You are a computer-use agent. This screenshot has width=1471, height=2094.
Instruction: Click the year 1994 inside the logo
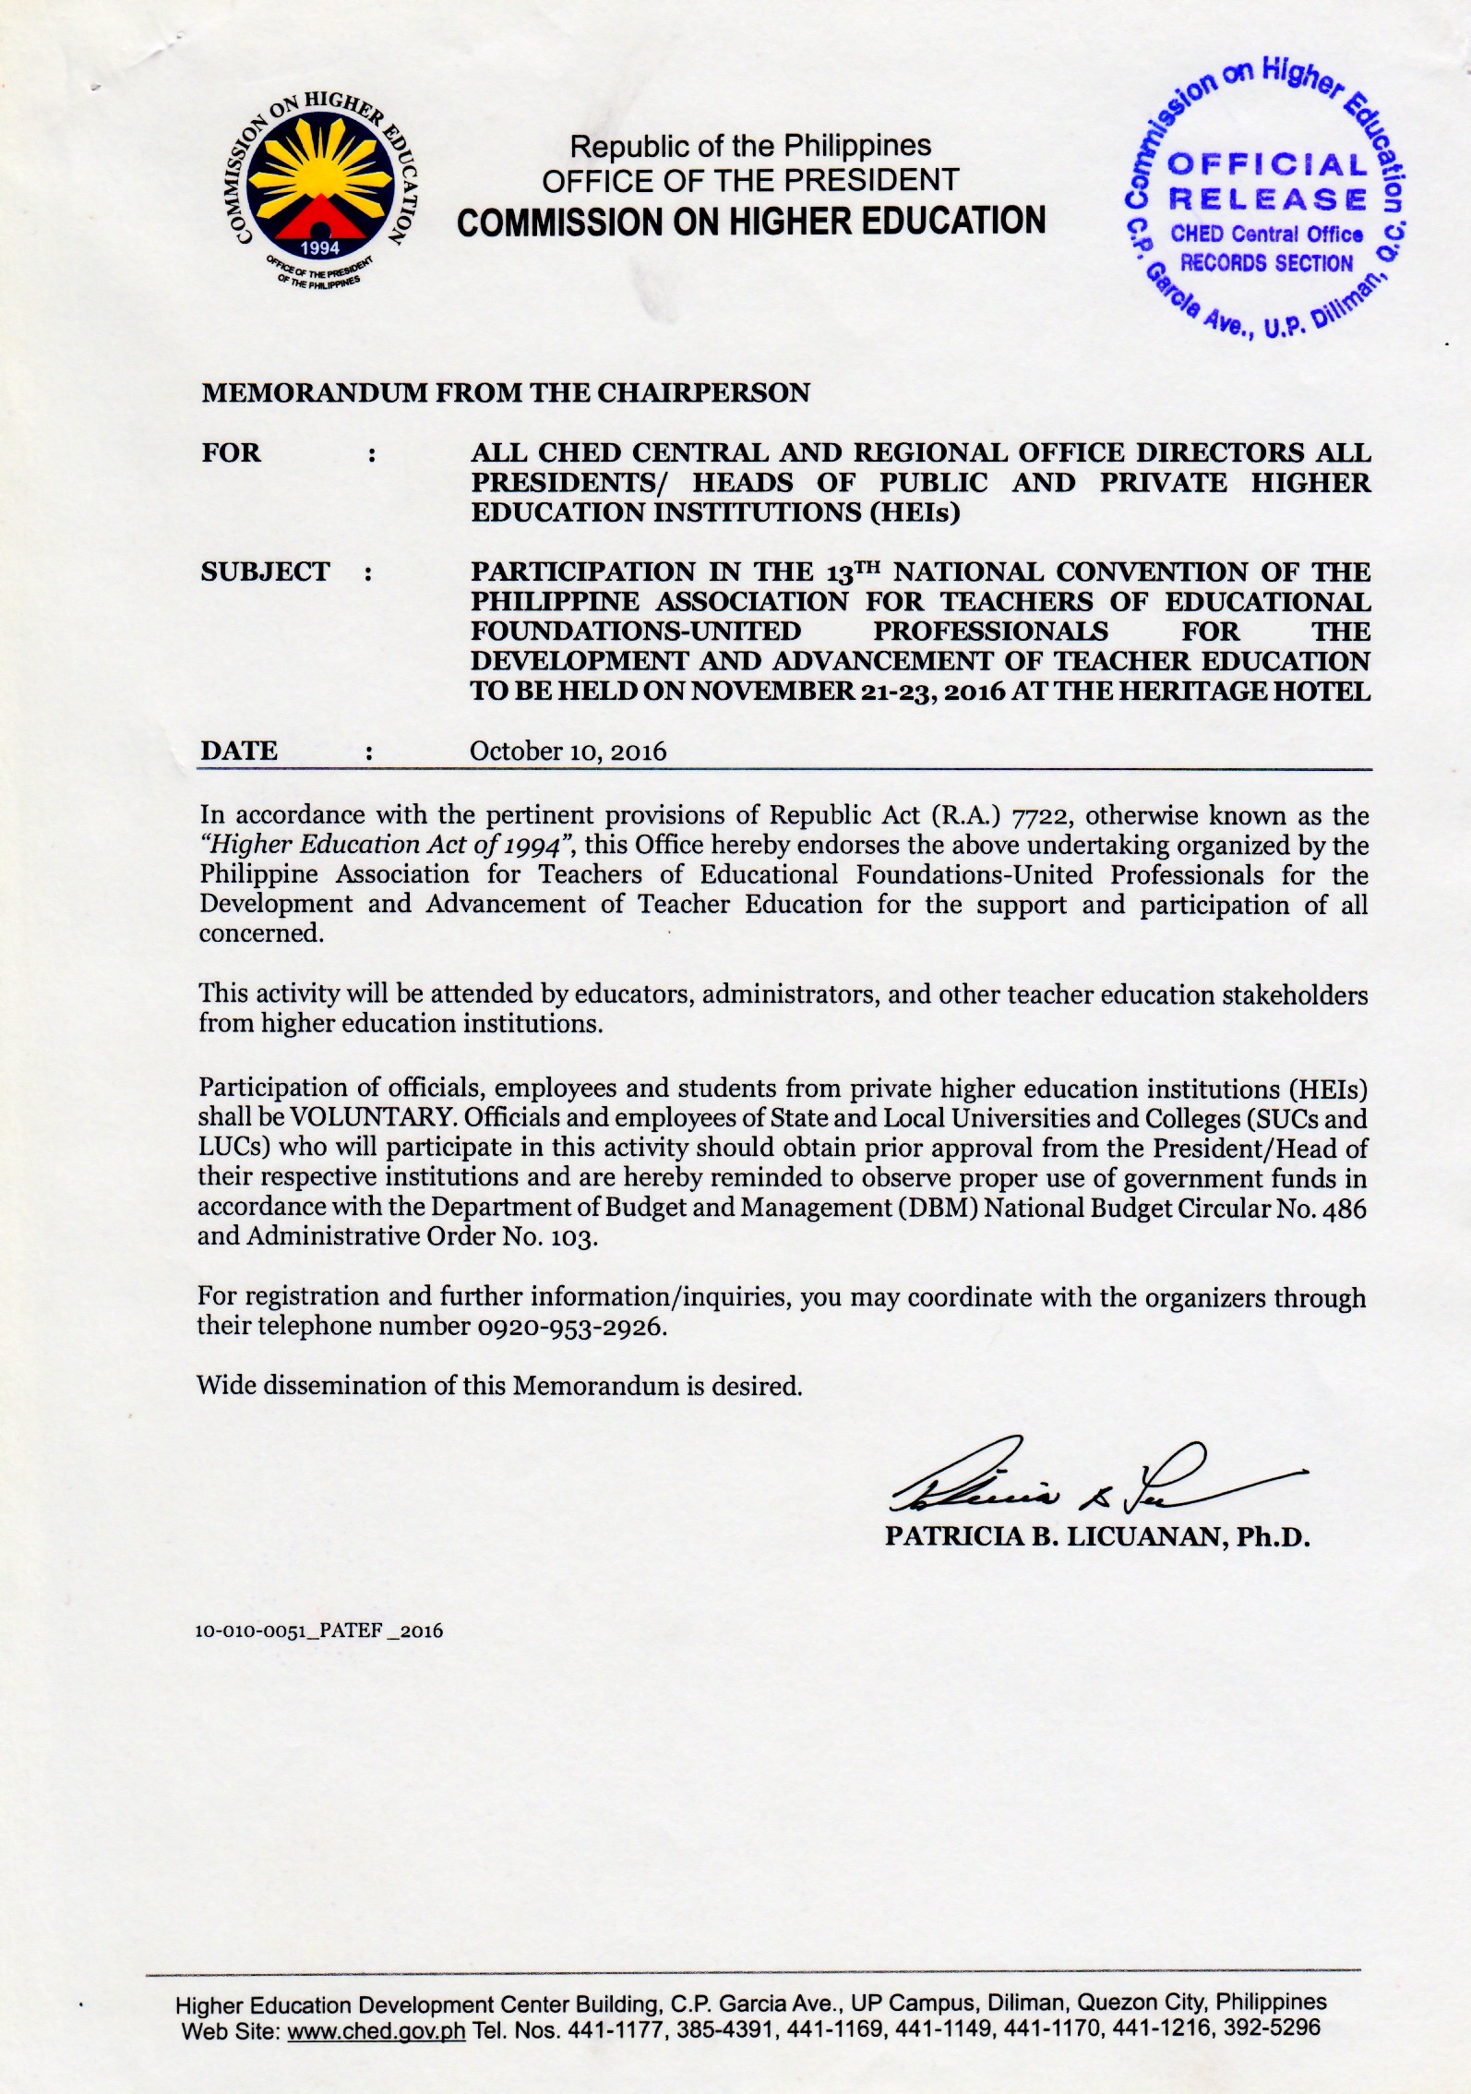[x=320, y=247]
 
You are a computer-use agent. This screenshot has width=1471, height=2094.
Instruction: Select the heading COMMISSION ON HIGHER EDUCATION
[x=751, y=222]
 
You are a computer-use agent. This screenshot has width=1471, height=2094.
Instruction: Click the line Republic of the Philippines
[x=750, y=146]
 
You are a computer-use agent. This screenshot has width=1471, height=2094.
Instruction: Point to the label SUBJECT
[x=265, y=572]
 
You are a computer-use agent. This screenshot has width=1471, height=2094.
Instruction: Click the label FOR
[x=232, y=453]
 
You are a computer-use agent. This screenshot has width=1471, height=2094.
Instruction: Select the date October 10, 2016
[x=568, y=752]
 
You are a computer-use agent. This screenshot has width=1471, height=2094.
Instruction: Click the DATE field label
[x=239, y=751]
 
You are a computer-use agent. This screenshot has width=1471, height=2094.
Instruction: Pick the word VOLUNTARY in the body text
[x=371, y=1117]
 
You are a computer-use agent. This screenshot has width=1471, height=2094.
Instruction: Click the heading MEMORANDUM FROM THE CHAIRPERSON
[x=506, y=393]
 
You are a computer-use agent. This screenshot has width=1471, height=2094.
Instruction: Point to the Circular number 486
[x=1345, y=1208]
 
